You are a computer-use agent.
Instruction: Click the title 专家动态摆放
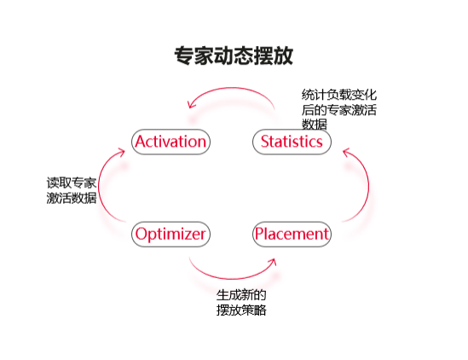234,55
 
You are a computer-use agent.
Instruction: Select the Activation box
170,142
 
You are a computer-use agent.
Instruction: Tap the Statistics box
292,142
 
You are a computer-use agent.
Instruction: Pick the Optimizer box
170,235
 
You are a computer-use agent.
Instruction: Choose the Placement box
292,235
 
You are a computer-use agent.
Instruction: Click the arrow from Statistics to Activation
231,88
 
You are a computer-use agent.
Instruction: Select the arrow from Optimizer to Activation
99,185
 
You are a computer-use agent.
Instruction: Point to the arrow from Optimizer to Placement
233,278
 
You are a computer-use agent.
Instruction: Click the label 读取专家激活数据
72,190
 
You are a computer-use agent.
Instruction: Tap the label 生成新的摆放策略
241,302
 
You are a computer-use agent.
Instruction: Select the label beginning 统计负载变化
338,109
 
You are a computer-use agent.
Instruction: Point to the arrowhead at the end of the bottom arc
273,262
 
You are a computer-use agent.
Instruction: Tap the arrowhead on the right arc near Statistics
345,152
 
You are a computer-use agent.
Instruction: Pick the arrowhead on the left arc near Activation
122,152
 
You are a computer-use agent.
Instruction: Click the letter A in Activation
141,142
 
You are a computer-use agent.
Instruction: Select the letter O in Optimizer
142,234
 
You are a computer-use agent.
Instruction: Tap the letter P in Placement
259,234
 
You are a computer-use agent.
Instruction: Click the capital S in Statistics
265,142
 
